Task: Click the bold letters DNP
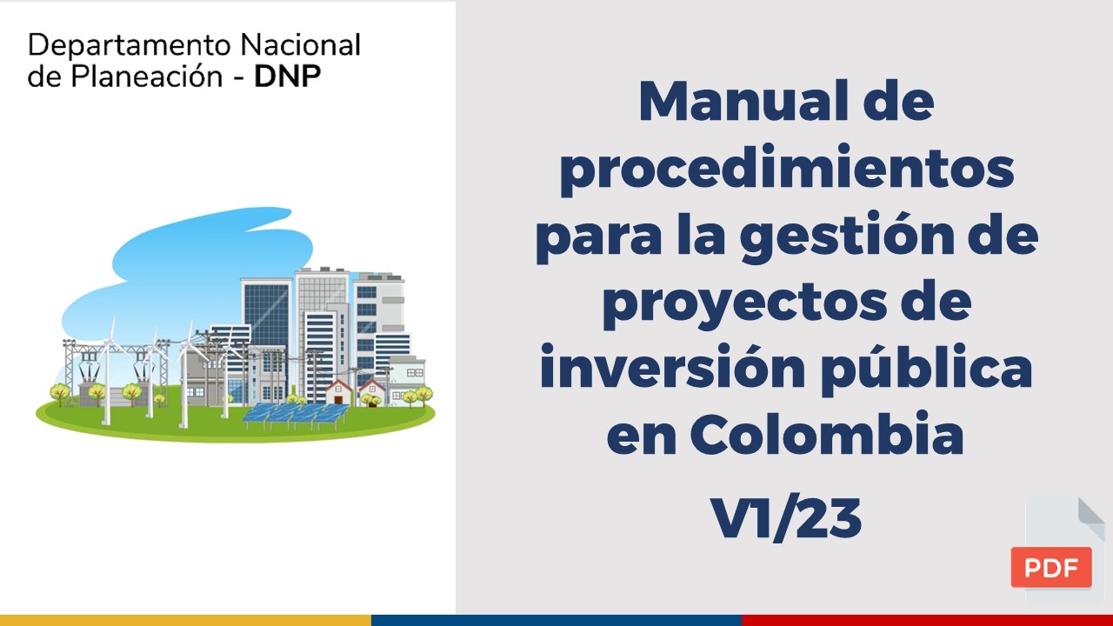click(x=288, y=76)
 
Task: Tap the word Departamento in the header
click(x=130, y=46)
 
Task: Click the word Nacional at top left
click(x=301, y=45)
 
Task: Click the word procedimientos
click(x=787, y=169)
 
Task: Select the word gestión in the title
click(x=848, y=236)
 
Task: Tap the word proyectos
click(x=744, y=303)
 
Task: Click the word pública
click(x=927, y=369)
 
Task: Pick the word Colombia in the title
click(x=827, y=434)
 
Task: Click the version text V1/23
click(x=786, y=518)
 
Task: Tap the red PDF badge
click(x=1051, y=567)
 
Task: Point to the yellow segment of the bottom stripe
click(x=185, y=620)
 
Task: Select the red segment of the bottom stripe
click(x=927, y=620)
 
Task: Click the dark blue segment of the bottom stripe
click(x=556, y=620)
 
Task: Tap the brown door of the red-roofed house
click(x=339, y=399)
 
